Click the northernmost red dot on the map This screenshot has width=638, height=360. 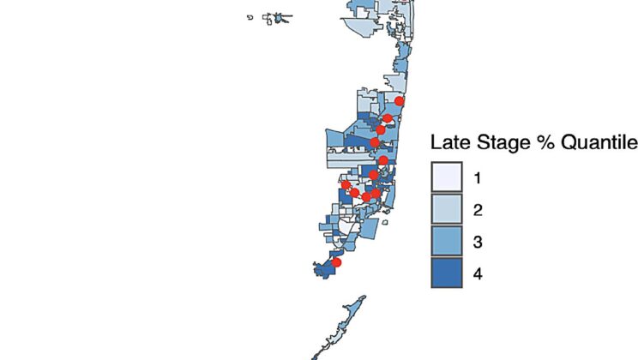(x=399, y=101)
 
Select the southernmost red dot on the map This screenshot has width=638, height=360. (x=336, y=263)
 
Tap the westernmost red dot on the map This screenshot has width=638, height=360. (x=346, y=184)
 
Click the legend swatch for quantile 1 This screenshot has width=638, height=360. (x=446, y=177)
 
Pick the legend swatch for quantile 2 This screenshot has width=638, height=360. (x=446, y=210)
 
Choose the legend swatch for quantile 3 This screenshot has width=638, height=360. (x=446, y=243)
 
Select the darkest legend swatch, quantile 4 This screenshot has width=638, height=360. (x=446, y=274)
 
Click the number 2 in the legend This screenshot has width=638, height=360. (x=478, y=210)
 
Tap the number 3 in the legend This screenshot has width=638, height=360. (x=478, y=243)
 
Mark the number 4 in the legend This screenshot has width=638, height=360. (x=478, y=274)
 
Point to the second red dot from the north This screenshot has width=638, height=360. (x=388, y=119)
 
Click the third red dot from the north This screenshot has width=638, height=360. (x=381, y=130)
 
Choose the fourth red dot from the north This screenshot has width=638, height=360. (x=375, y=142)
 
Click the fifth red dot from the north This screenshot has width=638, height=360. (x=383, y=160)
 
